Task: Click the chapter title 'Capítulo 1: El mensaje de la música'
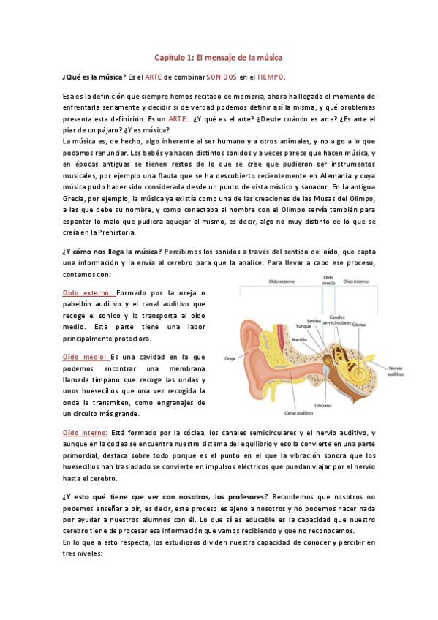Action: click(x=219, y=57)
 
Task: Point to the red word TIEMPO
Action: click(x=271, y=77)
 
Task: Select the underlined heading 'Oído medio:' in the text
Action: click(x=85, y=357)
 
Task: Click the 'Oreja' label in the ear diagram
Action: click(x=230, y=358)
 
